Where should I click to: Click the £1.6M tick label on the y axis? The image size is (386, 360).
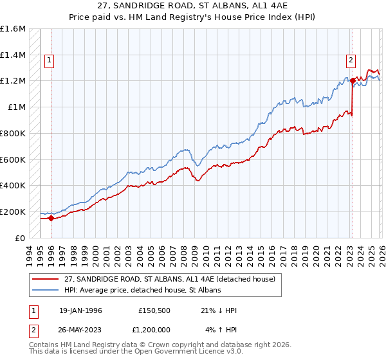click(x=13, y=29)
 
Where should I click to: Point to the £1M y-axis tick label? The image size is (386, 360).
click(x=17, y=107)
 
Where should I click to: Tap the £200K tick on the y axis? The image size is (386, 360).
click(x=13, y=212)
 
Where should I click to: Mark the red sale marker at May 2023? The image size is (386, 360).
click(x=353, y=81)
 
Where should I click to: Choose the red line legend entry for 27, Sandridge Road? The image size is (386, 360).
click(x=170, y=279)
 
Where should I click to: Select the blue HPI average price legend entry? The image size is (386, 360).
click(x=142, y=291)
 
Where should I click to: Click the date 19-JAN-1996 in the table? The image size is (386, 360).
click(x=80, y=310)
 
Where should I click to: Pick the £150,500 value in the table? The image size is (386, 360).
click(x=154, y=310)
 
